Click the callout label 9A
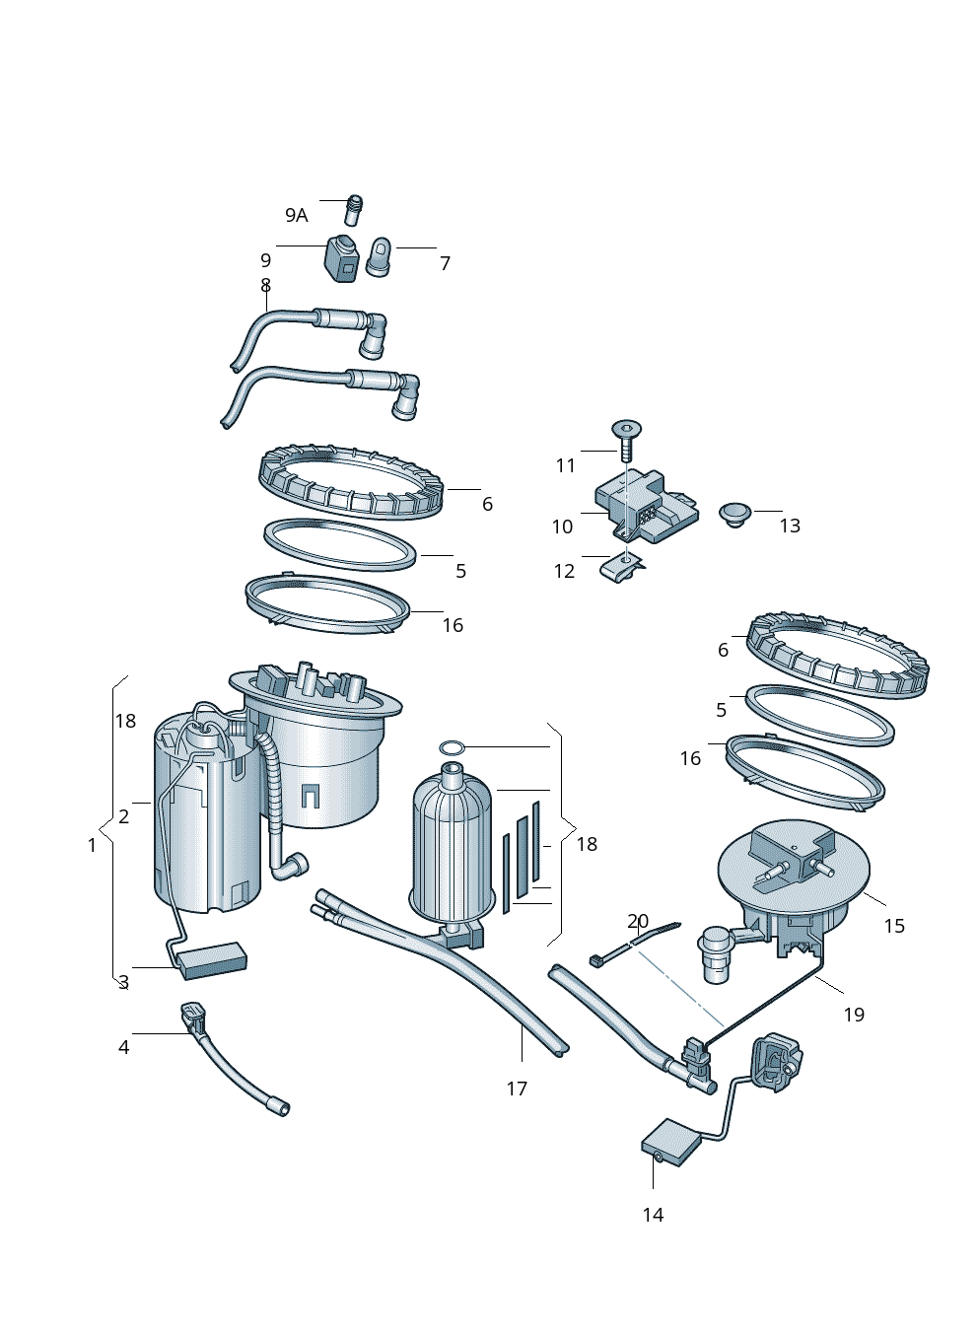pos(296,215)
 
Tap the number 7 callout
pos(445,263)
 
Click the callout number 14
pos(653,1215)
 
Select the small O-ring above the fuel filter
pos(451,747)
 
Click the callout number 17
pos(517,1089)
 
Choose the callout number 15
pos(893,926)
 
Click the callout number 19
pos(854,1014)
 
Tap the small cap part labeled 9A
pos(354,210)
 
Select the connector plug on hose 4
pos(192,1018)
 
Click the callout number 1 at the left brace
pos(93,845)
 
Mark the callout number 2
pos(123,816)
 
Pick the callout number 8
pos(265,286)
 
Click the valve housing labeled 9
pos(342,257)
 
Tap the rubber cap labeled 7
pos(380,256)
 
